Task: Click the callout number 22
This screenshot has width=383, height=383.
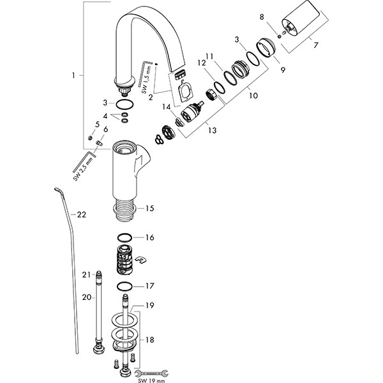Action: pyautogui.click(x=82, y=214)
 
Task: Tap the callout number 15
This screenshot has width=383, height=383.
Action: pyautogui.click(x=150, y=208)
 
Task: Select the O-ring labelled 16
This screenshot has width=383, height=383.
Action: pyautogui.click(x=124, y=237)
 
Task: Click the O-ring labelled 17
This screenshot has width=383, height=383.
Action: pyautogui.click(x=124, y=286)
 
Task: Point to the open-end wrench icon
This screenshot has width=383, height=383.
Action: pyautogui.click(x=151, y=373)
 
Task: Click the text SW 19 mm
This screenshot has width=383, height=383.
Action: pyautogui.click(x=151, y=380)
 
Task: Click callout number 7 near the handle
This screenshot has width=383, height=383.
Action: pyautogui.click(x=316, y=45)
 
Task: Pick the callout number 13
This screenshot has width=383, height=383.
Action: pyautogui.click(x=213, y=130)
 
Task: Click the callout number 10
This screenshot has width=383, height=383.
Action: pyautogui.click(x=253, y=95)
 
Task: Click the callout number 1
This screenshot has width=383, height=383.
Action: pyautogui.click(x=73, y=75)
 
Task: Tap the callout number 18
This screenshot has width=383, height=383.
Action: pyautogui.click(x=150, y=340)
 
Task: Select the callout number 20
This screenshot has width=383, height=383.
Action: pyautogui.click(x=86, y=297)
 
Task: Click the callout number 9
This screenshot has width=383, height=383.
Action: pyautogui.click(x=283, y=70)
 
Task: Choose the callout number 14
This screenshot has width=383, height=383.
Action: pyautogui.click(x=167, y=107)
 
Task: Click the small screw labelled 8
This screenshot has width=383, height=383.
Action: pyautogui.click(x=280, y=36)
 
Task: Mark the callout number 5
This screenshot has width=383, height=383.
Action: pyautogui.click(x=97, y=124)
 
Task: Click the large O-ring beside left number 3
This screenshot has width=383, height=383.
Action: pyautogui.click(x=124, y=105)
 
